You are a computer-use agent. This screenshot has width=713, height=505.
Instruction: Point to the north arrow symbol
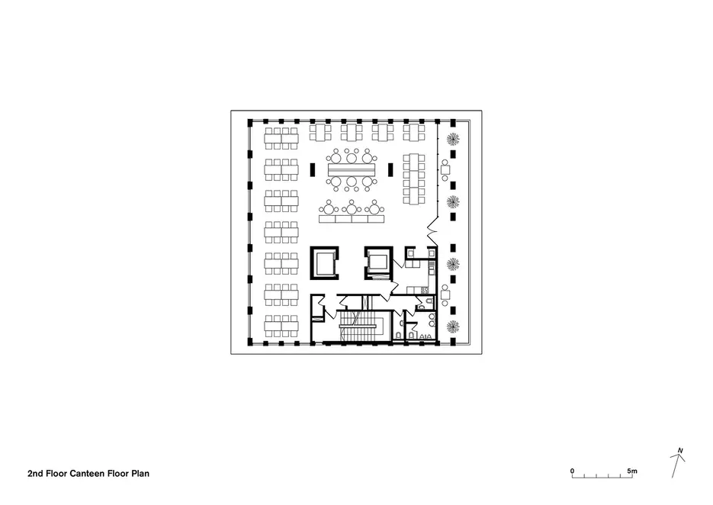click(677, 463)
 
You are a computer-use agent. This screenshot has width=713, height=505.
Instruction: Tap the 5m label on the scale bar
click(632, 471)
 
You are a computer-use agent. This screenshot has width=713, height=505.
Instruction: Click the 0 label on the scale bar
click(572, 471)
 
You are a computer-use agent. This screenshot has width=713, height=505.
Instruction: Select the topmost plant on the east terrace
click(453, 139)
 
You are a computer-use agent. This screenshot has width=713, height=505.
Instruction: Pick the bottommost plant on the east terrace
click(453, 326)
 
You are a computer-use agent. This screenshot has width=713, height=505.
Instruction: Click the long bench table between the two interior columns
click(352, 169)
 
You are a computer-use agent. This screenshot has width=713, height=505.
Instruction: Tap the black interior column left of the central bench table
click(313, 169)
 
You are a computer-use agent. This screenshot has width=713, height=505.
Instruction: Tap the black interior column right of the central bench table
click(390, 169)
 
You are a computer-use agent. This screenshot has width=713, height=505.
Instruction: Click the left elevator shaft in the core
click(324, 263)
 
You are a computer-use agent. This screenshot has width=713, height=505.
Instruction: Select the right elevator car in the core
click(377, 262)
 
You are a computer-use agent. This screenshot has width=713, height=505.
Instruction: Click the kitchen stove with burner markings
click(425, 289)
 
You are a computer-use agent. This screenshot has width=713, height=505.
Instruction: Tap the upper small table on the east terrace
click(445, 170)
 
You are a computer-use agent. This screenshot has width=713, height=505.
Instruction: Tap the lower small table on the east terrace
click(445, 294)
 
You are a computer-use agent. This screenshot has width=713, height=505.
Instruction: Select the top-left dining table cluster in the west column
click(281, 138)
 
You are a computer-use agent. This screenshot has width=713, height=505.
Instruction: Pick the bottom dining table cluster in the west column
click(281, 326)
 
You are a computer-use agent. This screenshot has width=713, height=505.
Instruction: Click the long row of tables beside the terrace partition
click(414, 179)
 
